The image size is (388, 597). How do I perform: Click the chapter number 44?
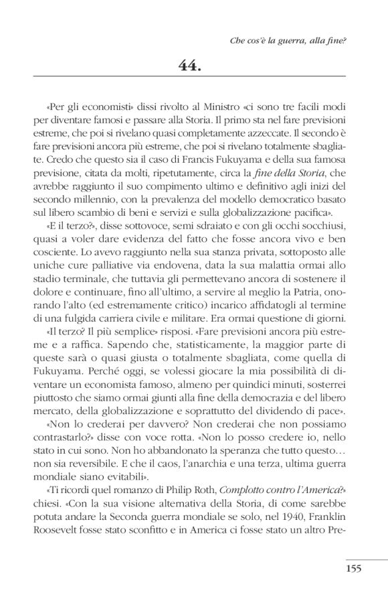(193, 65)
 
